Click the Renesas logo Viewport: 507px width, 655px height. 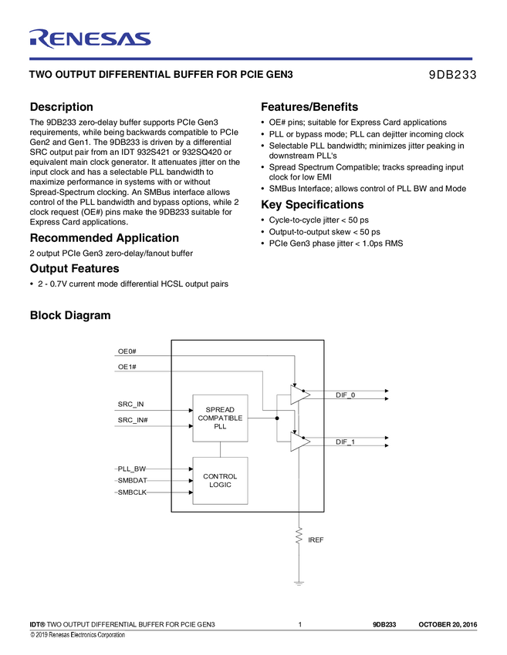[x=90, y=38]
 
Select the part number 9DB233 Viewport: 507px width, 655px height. [x=452, y=76]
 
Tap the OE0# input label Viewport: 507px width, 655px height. [x=127, y=351]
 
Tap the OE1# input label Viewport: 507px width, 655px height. [x=127, y=367]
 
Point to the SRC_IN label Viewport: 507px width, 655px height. [x=130, y=405]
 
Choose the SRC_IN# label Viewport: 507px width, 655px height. [x=133, y=420]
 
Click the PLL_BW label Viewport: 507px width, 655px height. [x=131, y=469]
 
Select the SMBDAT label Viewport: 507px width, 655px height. [x=132, y=480]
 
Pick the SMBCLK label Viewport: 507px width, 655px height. [x=132, y=492]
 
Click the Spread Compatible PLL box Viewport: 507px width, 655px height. [x=220, y=418]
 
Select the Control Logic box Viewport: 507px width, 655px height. [x=220, y=480]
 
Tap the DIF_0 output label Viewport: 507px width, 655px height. [x=345, y=395]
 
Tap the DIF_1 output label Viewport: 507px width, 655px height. [x=345, y=442]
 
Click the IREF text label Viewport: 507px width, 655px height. [x=316, y=540]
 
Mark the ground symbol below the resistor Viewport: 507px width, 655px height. [x=299, y=583]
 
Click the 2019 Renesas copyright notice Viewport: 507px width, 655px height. [x=77, y=635]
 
